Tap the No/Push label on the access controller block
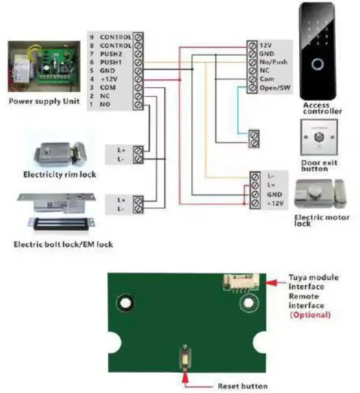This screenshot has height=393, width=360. [273, 63]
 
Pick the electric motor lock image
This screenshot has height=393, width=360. [322, 194]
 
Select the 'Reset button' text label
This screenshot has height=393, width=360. [242, 386]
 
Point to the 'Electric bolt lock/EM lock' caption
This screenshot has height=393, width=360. [63, 244]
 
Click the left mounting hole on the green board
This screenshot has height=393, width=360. [127, 303]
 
